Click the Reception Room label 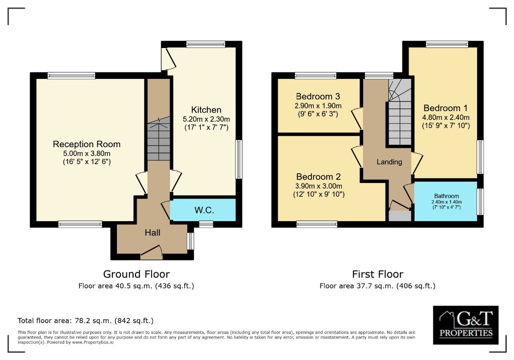pos(87,144)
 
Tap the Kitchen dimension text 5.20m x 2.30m pos(206,119)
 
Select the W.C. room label pos(204,210)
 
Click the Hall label pos(152,233)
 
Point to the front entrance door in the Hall pos(151,254)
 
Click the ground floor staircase pos(159,139)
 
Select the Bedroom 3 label pos(318,96)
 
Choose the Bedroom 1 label pos(445,108)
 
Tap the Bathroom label pos(446,196)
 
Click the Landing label pos(389,162)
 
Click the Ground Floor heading pos(136,274)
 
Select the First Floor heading pos(377,274)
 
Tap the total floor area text pos(85,321)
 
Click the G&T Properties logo pos(465,325)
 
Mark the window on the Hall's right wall pos(191,241)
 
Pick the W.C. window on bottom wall pos(206,224)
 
